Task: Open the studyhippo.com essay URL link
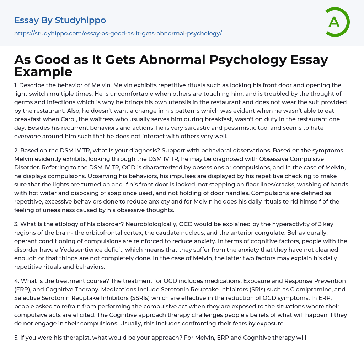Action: (x=118, y=33)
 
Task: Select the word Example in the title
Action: (x=43, y=72)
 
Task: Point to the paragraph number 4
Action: (x=16, y=281)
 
